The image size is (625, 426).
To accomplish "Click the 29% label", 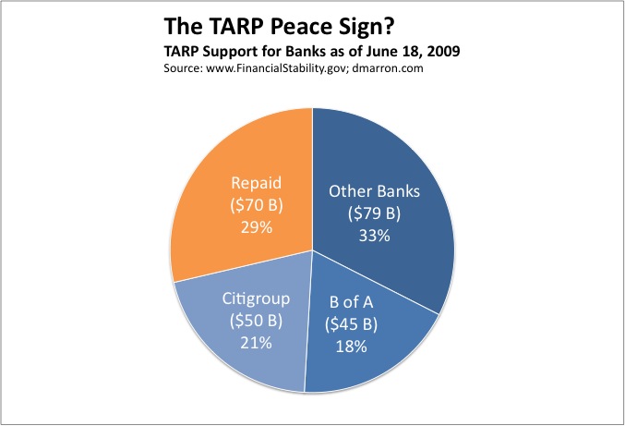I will pyautogui.click(x=252, y=225).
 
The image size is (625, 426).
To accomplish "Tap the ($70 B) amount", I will pyautogui.click(x=252, y=205).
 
